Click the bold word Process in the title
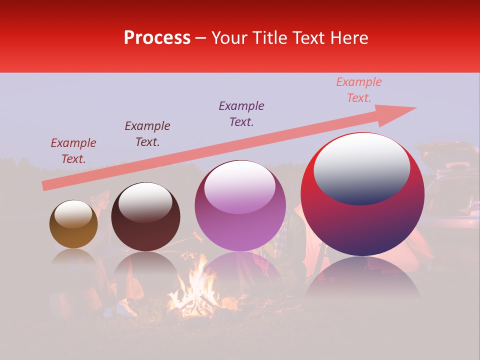pyautogui.click(x=157, y=38)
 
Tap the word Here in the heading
pyautogui.click(x=348, y=38)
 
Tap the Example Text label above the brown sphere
pyautogui.click(x=73, y=151)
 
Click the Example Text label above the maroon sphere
pyautogui.click(x=147, y=133)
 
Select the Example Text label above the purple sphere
pyautogui.click(x=241, y=113)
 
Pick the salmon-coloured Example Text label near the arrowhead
pyautogui.click(x=359, y=90)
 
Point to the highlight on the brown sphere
pyautogui.click(x=73, y=213)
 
